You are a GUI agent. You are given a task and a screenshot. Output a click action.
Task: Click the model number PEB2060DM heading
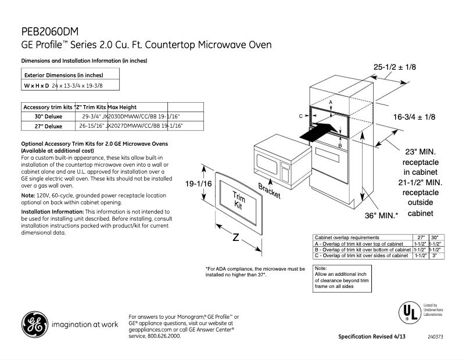(x=50, y=31)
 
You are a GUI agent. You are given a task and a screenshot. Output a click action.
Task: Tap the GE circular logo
(x=34, y=325)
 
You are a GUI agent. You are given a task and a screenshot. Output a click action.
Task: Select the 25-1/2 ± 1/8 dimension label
(x=395, y=67)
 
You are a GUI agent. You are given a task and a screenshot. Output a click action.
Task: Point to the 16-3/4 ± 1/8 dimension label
(x=414, y=117)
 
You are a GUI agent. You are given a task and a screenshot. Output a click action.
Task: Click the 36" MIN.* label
(x=381, y=215)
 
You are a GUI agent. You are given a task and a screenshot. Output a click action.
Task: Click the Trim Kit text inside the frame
(x=238, y=200)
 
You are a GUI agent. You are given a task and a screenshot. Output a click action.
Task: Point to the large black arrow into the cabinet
(x=319, y=131)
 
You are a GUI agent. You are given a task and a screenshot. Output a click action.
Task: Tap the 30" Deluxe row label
(x=48, y=116)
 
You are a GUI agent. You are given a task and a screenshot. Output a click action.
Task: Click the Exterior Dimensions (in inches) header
(x=63, y=75)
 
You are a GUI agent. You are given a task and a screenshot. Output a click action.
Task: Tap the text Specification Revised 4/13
(x=372, y=337)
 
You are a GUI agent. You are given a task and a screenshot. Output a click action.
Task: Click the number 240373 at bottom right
(x=435, y=337)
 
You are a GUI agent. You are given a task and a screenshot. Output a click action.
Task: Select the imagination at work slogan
(x=85, y=324)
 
